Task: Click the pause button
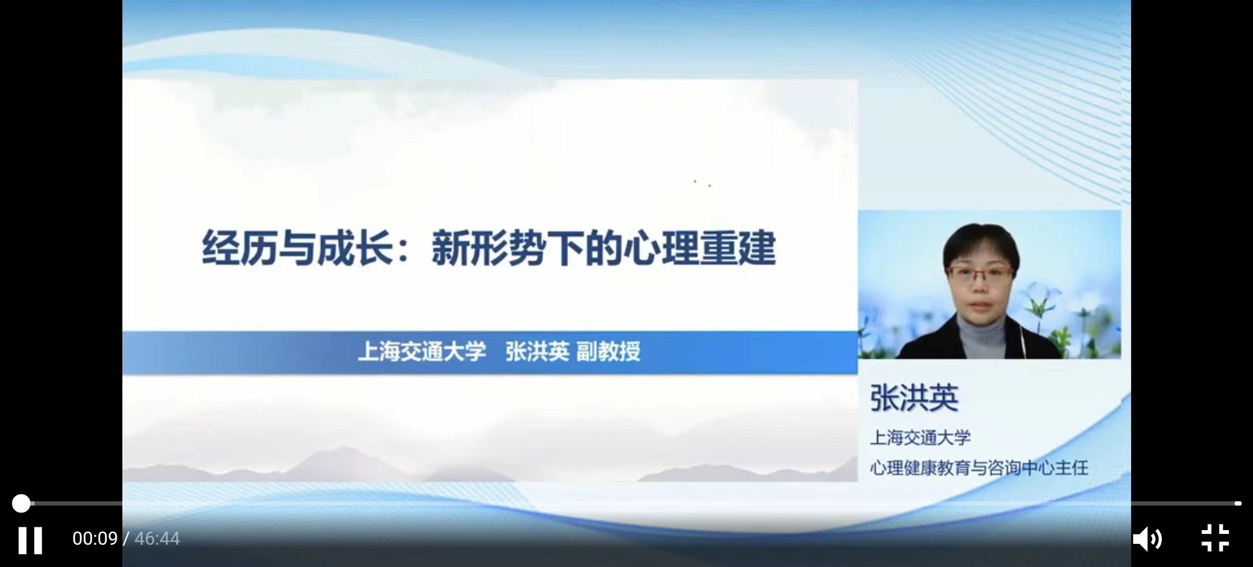pos(30,540)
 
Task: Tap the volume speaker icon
pos(1147,539)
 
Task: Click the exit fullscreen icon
pos(1215,538)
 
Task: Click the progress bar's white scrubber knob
pos(21,503)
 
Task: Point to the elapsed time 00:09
pos(95,538)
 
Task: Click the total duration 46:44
pos(157,538)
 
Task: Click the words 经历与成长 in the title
pos(297,249)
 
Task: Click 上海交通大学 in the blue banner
pos(422,352)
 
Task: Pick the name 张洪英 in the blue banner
pos(537,352)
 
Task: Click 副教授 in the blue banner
pos(608,352)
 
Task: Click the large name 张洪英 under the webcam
pos(914,398)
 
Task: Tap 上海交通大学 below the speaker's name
pos(920,438)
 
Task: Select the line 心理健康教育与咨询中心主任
pos(978,468)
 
